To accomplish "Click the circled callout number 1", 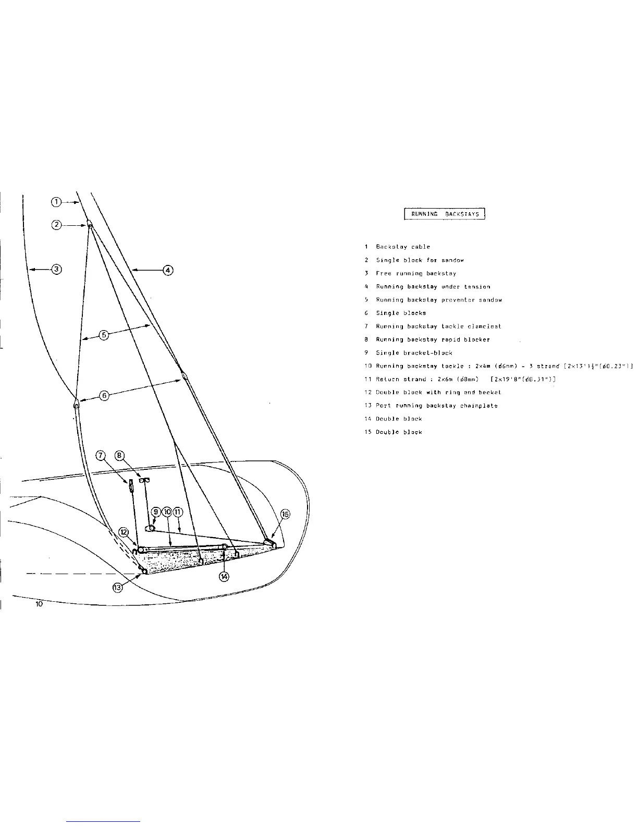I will (x=57, y=201).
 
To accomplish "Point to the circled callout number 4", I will (x=168, y=270).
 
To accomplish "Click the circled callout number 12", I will (x=124, y=532).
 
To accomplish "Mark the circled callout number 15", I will (x=285, y=514).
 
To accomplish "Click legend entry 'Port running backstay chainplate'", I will (x=436, y=406).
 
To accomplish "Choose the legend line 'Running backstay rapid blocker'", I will (x=432, y=339).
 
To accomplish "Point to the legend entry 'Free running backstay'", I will (x=415, y=273).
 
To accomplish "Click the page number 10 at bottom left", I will (x=39, y=604).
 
